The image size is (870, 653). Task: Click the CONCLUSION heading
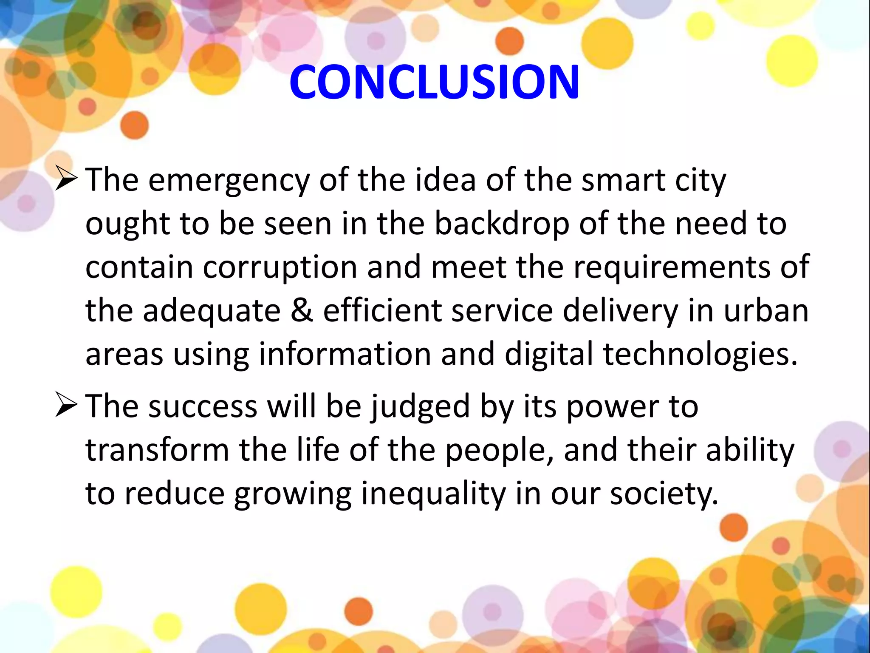(434, 82)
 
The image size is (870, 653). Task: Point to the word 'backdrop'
(502, 224)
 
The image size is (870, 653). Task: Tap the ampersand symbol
(302, 310)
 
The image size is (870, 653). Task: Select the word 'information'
(345, 355)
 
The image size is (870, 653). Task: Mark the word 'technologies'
(701, 355)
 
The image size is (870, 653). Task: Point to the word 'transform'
(157, 450)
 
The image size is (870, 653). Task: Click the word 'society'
(664, 495)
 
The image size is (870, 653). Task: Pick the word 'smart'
(623, 180)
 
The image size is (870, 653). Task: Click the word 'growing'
(293, 495)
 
